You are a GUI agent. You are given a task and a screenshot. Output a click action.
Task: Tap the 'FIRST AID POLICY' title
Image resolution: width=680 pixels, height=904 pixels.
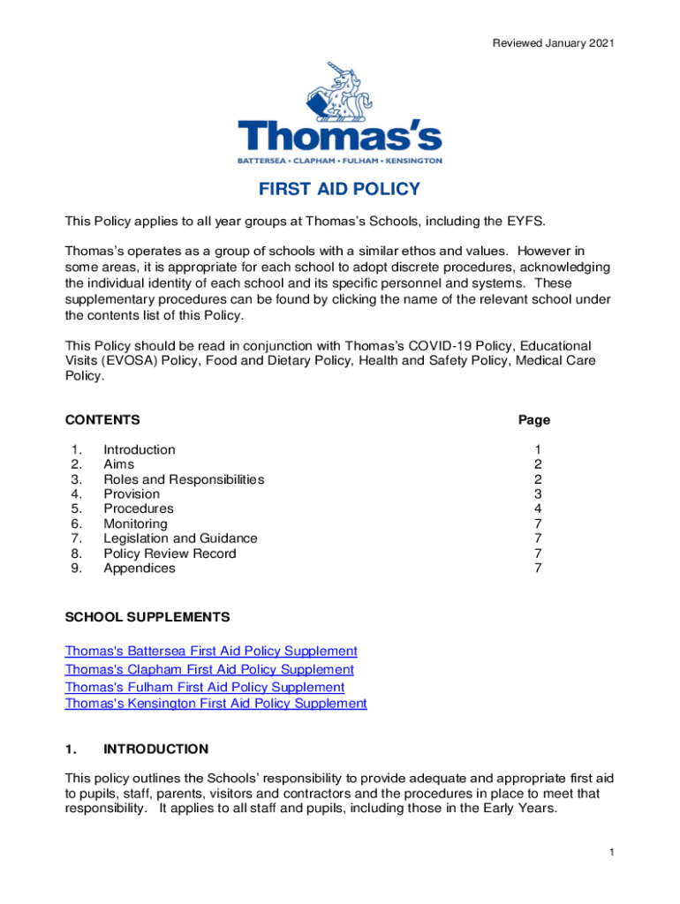coord(339,190)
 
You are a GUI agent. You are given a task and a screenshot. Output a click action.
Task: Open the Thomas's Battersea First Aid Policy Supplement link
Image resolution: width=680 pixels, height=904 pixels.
coord(211,651)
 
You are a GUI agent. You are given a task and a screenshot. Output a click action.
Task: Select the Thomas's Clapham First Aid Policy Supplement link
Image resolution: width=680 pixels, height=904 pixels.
coord(209,669)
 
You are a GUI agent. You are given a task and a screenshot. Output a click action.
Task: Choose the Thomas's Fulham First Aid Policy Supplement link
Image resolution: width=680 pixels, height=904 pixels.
coord(205,687)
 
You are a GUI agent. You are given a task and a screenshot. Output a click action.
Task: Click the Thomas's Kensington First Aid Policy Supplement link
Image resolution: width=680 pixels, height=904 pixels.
coord(215,704)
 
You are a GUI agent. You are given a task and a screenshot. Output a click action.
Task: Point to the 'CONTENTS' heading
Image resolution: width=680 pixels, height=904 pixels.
coord(102,420)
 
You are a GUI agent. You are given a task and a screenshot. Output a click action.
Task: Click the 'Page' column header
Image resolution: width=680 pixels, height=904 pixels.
coord(534,420)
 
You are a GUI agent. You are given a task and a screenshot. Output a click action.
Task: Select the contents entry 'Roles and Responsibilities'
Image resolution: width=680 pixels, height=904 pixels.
coord(184,479)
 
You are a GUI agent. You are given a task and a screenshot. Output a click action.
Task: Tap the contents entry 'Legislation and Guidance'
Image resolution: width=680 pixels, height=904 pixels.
coord(180,539)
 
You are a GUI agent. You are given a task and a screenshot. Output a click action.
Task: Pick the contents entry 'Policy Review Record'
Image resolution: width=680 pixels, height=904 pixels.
coord(170,554)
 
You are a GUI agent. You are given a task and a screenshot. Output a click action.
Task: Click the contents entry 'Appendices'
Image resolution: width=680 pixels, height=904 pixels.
coord(140,569)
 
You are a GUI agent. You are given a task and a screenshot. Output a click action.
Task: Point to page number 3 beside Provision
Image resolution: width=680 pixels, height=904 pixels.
coord(538,494)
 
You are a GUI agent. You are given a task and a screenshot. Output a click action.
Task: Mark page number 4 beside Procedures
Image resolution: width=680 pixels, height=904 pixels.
coord(538,508)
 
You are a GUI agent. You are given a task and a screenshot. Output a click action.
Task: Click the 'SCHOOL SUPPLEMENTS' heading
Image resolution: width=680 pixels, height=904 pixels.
coord(147,616)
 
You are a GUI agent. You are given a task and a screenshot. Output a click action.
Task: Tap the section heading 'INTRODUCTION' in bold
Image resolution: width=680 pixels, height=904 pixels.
coord(155,750)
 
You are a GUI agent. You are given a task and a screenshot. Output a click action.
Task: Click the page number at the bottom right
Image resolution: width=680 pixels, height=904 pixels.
coord(610,852)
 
